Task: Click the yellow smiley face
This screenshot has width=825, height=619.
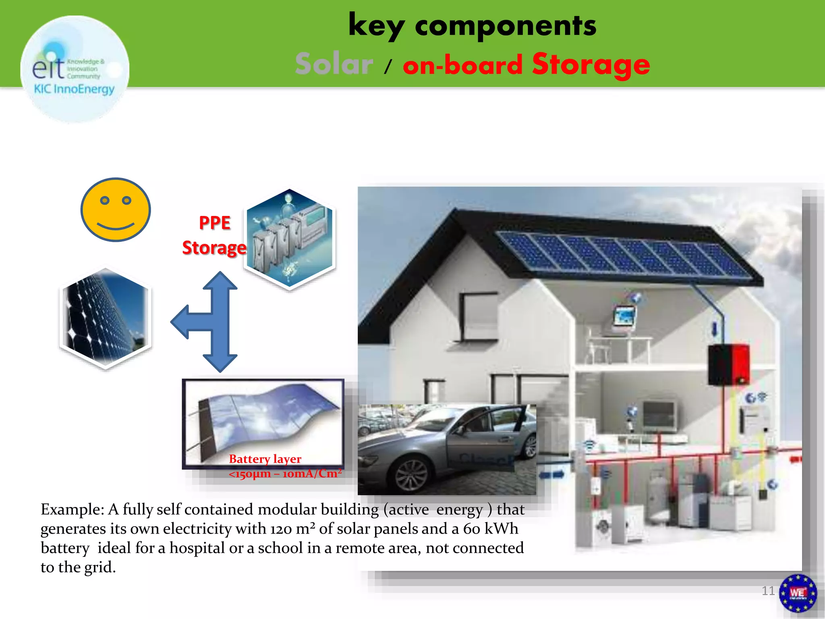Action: tap(116, 210)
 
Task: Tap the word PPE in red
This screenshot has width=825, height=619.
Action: tap(215, 223)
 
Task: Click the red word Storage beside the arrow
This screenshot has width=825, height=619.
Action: tap(214, 247)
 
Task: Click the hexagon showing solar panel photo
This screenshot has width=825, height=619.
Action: tap(106, 318)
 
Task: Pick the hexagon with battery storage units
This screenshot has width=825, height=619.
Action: tap(290, 239)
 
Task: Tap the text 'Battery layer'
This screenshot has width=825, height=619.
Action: tap(265, 459)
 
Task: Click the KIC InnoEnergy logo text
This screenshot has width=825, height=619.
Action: tap(74, 89)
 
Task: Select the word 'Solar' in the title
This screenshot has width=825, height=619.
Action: tap(334, 64)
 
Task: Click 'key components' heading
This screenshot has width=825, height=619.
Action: tap(472, 26)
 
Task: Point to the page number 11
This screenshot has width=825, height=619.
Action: tap(768, 591)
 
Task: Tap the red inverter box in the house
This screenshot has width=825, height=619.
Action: tap(729, 364)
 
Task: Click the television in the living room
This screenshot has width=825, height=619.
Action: tap(659, 415)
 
